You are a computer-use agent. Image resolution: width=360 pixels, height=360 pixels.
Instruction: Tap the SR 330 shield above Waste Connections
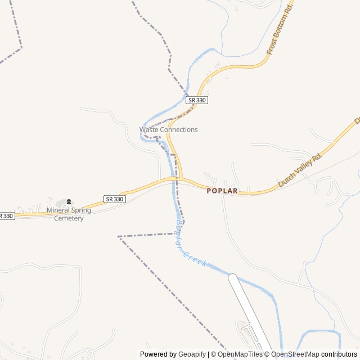(197, 100)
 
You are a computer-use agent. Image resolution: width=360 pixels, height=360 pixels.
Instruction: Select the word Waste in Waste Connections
(149, 129)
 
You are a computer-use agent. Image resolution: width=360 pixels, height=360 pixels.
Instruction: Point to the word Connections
(179, 129)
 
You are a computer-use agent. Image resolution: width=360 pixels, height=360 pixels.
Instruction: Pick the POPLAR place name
(222, 191)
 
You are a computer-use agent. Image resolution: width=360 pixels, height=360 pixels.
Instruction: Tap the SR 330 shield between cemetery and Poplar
(115, 199)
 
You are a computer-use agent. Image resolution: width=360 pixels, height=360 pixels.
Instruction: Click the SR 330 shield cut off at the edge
(6, 215)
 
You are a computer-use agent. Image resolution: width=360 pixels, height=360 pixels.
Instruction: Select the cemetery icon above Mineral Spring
(69, 202)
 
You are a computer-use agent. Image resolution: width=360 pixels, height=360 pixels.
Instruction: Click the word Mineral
(60, 210)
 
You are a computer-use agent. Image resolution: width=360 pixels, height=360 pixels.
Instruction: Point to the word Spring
(82, 210)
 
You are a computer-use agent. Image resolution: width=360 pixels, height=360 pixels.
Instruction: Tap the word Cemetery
(69, 218)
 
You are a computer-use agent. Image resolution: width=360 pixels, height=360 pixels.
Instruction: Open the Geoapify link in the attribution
(192, 354)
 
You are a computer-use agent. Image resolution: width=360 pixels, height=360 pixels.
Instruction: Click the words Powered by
(158, 354)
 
